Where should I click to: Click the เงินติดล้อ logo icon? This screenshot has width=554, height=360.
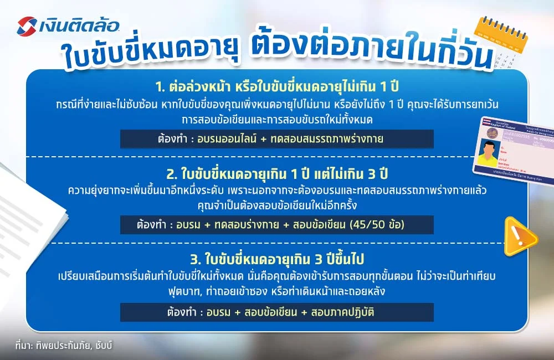pos(27,25)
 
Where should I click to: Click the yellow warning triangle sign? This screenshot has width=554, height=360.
pos(520,236)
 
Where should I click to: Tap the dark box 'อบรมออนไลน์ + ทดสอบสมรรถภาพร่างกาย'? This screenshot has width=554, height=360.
pos(277,138)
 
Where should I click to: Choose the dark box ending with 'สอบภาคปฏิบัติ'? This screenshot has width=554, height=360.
pos(277,312)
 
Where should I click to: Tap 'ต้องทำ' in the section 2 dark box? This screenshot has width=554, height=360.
pos(151,225)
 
